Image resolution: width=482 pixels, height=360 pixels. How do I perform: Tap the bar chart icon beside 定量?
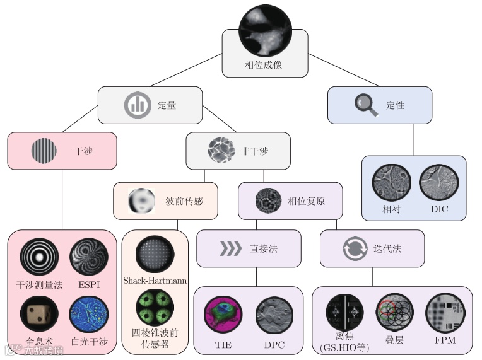coord(137,105)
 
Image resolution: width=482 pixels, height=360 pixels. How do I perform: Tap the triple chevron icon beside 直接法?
coord(230,248)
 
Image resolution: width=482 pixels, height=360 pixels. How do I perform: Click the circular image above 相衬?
coord(391,183)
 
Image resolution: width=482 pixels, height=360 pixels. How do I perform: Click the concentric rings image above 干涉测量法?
coord(38,257)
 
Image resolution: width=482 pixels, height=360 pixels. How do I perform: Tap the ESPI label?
coord(88,284)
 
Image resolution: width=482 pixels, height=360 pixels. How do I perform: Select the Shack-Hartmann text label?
coord(155,280)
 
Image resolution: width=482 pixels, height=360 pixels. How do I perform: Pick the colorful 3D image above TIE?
coord(223,315)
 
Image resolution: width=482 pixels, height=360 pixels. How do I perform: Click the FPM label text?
coord(444,340)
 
